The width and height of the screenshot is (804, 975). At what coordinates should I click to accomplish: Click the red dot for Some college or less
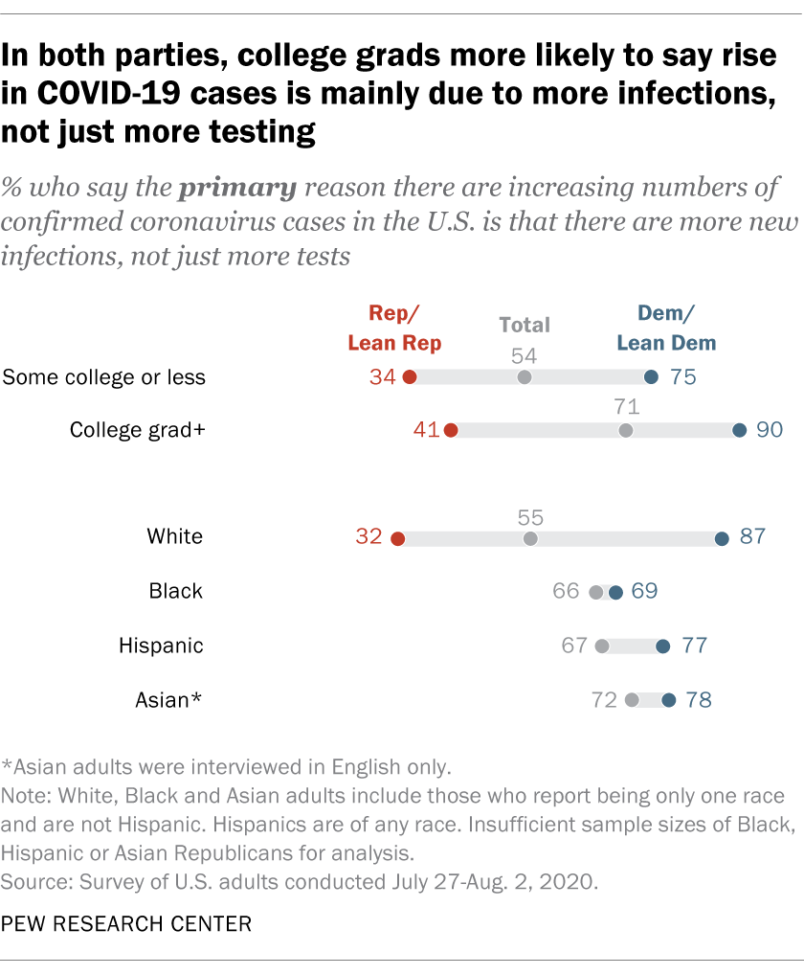point(410,377)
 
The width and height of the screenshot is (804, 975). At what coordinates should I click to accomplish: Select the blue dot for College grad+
point(739,431)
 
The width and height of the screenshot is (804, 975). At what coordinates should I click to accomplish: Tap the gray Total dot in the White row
point(530,538)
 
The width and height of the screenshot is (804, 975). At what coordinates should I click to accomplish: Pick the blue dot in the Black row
point(615,593)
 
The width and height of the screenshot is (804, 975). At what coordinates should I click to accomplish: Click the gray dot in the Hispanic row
point(602,646)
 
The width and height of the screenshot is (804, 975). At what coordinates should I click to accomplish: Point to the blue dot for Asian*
point(668,701)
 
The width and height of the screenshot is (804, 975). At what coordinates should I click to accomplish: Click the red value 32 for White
point(368,537)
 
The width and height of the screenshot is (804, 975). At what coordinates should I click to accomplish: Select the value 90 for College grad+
point(770,430)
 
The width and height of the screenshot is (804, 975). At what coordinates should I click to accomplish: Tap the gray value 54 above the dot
point(524,355)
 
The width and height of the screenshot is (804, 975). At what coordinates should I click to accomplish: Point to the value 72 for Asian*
point(604,700)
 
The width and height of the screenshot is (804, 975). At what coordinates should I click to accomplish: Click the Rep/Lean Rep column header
point(394,328)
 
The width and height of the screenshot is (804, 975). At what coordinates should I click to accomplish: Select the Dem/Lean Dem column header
point(665,328)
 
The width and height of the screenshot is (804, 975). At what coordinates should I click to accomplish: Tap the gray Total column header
point(525,326)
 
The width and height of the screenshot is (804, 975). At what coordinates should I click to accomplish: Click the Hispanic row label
point(161,646)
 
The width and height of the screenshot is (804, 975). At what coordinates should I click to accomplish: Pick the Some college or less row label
point(104,377)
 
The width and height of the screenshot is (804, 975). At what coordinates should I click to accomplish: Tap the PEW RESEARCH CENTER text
point(126,924)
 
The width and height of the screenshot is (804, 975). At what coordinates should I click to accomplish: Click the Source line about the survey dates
point(300,881)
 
